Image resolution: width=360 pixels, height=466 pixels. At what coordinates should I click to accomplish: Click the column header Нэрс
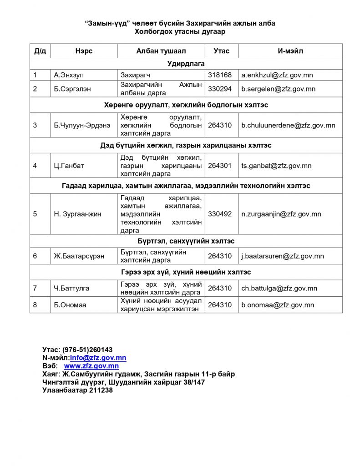84,51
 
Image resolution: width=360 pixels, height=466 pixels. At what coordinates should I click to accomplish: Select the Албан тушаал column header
161,51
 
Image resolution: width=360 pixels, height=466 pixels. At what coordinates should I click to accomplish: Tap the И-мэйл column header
290,51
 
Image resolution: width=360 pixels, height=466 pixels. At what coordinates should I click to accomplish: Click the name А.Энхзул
67,75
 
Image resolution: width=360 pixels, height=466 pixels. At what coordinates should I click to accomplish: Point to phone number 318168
220,75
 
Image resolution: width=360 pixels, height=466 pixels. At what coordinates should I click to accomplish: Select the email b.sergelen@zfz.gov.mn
278,89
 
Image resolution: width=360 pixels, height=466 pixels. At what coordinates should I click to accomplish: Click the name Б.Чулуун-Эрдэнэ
81,125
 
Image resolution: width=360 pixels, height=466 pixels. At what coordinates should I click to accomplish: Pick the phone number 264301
220,166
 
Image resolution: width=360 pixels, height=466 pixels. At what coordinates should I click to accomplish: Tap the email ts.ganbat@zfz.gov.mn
276,166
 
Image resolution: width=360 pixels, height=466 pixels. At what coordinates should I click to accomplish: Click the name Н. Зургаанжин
77,214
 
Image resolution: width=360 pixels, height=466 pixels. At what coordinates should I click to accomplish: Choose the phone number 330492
220,214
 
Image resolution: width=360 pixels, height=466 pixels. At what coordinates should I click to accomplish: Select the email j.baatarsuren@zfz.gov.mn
282,256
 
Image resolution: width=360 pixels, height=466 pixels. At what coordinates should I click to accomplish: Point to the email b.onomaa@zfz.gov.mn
278,305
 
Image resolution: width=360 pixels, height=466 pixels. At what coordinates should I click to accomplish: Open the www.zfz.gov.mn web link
91,366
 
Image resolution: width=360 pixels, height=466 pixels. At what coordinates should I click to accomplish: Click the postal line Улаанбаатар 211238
77,390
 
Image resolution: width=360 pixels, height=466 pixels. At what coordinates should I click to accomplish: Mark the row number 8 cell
35,305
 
